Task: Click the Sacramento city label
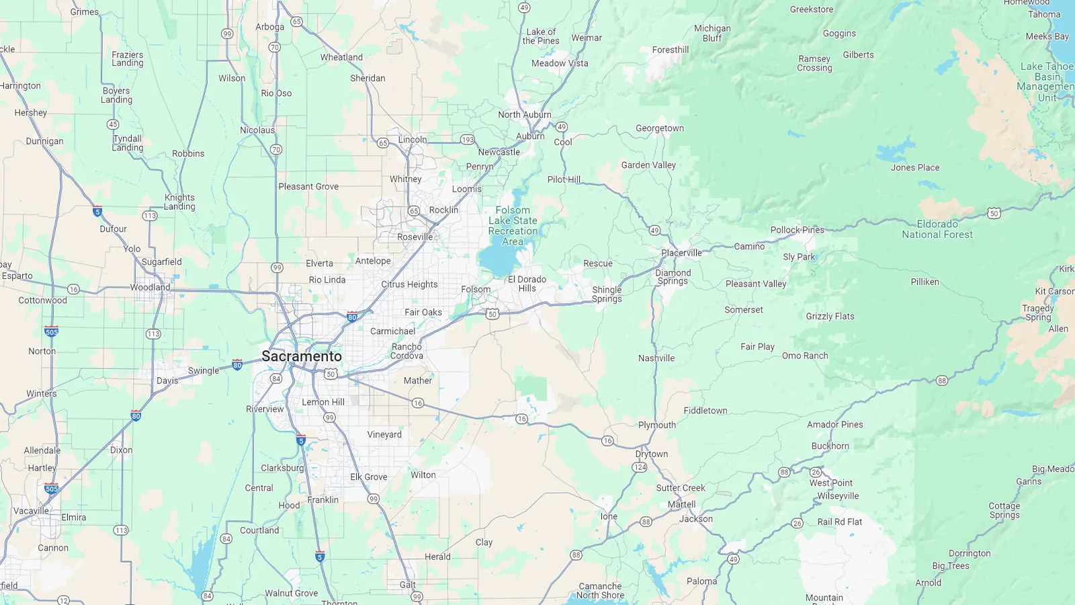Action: tap(302, 356)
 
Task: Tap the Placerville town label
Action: tap(681, 253)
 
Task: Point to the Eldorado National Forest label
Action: tap(937, 229)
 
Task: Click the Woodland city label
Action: tap(150, 287)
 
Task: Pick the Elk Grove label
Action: tap(368, 477)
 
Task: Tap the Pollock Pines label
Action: tap(797, 230)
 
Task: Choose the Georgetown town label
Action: tap(660, 128)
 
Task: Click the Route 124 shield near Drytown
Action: tap(640, 467)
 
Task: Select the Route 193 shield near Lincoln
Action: tap(468, 140)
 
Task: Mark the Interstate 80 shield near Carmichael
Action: tap(352, 317)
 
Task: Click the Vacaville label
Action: tap(31, 511)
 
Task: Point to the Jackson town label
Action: tap(695, 519)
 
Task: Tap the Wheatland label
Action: tap(341, 57)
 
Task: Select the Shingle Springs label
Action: tap(607, 294)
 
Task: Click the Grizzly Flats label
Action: tap(830, 316)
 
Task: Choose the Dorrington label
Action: tap(970, 553)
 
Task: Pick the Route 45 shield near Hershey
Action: tap(113, 124)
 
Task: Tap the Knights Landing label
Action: tap(179, 202)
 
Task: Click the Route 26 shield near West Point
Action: tap(816, 472)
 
